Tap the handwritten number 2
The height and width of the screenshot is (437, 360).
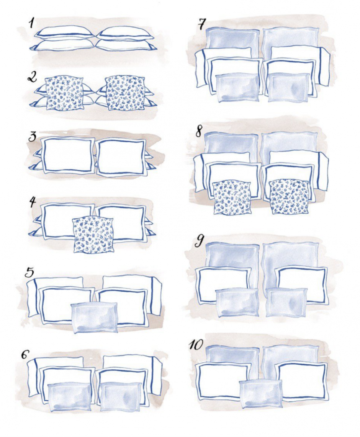tap(32, 77)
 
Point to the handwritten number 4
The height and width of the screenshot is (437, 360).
tap(32, 202)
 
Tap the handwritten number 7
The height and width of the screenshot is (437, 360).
tap(201, 24)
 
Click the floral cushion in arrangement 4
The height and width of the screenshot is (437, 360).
tap(93, 235)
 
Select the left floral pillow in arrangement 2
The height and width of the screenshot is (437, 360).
tap(64, 93)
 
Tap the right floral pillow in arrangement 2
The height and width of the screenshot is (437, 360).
tap(124, 93)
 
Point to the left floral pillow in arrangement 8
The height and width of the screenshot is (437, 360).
tap(232, 198)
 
